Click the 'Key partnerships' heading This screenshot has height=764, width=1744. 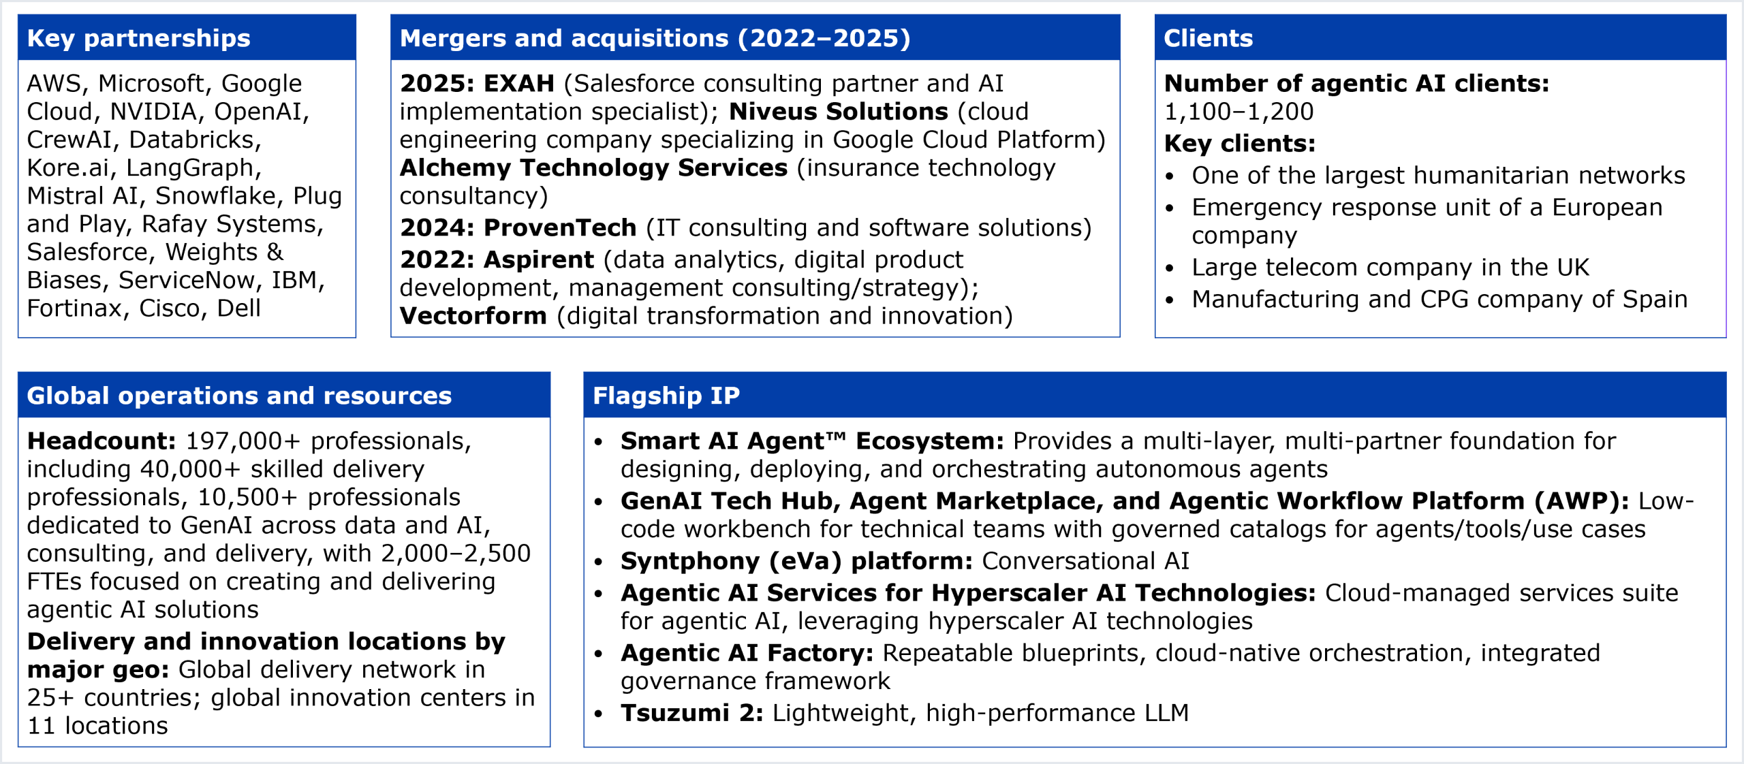click(x=138, y=39)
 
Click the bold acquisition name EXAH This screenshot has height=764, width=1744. click(x=519, y=84)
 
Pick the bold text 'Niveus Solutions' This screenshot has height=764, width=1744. click(x=839, y=112)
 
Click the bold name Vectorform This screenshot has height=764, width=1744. click(x=473, y=316)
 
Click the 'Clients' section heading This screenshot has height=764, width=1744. click(x=1208, y=39)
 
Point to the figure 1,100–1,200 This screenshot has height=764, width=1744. click(x=1239, y=112)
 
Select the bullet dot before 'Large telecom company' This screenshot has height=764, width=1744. click(x=1170, y=268)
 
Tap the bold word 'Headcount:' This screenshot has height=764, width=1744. click(x=102, y=441)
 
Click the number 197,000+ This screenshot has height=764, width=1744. click(x=243, y=441)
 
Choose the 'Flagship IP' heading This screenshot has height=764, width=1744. click(x=666, y=396)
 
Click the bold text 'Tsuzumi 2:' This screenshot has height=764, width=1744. click(x=692, y=713)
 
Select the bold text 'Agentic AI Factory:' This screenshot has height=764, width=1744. click(x=747, y=653)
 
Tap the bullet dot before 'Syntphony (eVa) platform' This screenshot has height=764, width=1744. click(x=599, y=562)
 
